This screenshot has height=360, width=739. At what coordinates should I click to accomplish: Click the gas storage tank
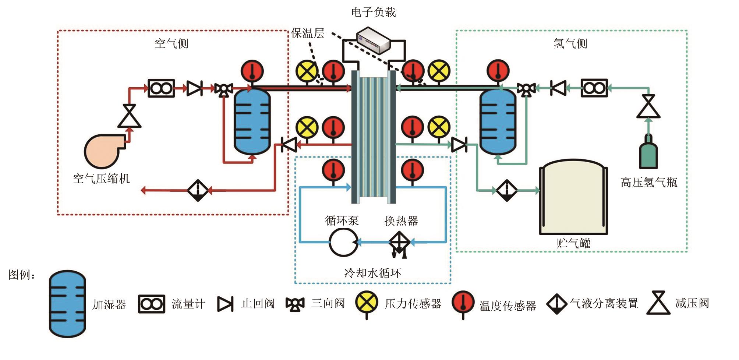coord(573,199)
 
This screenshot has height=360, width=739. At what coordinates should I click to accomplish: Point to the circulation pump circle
coord(343,242)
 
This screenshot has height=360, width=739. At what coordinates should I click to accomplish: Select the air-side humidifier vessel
coord(252,121)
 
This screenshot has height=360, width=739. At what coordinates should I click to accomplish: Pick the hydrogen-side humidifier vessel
coord(498,121)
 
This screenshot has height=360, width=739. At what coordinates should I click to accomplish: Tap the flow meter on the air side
coord(161,88)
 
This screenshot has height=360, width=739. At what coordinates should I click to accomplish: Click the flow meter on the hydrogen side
coord(594,88)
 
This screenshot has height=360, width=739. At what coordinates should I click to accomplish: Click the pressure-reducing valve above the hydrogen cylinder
coord(648,106)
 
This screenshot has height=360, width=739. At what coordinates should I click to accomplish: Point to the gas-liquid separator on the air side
coord(198,190)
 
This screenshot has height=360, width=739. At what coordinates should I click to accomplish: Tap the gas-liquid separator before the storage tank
coord(506,190)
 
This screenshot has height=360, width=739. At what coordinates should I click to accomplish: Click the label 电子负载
coord(373,13)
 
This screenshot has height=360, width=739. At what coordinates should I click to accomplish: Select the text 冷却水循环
coord(372,273)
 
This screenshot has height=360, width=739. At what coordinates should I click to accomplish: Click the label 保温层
coord(308,33)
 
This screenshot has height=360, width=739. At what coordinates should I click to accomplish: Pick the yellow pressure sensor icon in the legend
coord(367,303)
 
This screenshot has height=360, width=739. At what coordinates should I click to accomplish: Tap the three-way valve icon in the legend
coord(295,304)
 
